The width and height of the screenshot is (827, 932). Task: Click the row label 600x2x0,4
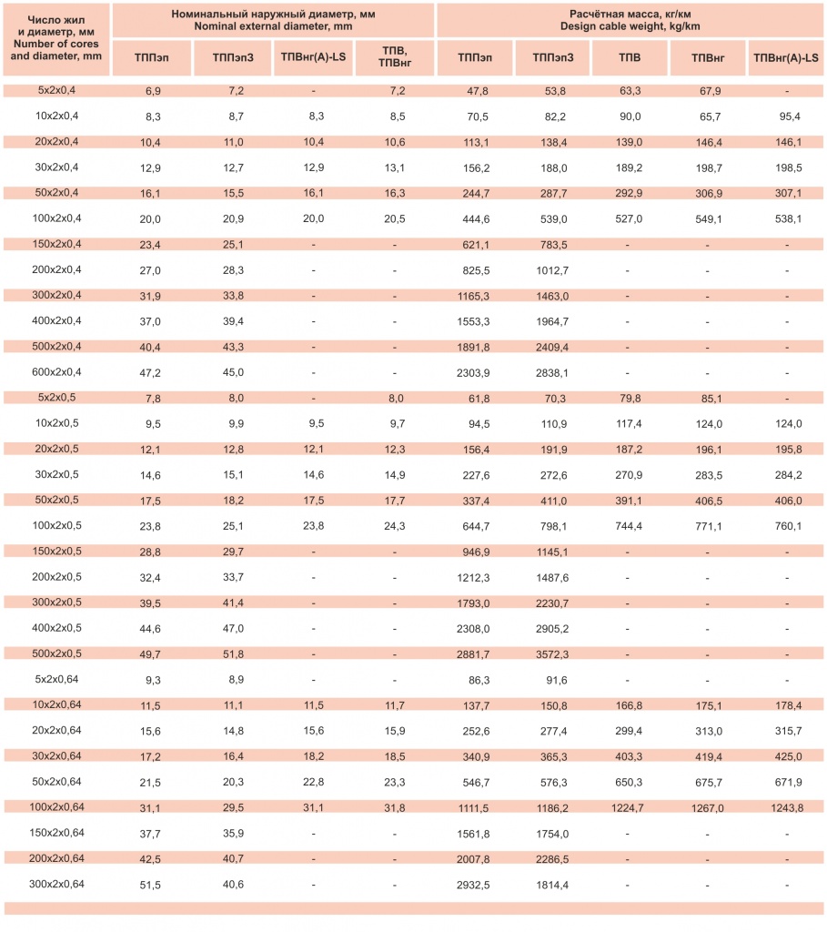[x=57, y=371]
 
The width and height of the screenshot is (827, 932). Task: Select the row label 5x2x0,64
[x=57, y=679]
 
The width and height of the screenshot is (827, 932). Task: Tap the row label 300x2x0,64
[x=57, y=884]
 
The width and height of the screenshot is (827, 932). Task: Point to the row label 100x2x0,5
[x=57, y=525]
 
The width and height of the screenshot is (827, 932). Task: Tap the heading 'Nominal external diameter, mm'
[x=272, y=26]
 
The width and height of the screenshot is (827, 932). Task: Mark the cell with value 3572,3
[x=552, y=653]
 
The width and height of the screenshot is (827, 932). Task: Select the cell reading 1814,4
[x=552, y=884]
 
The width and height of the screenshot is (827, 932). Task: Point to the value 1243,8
[x=786, y=806]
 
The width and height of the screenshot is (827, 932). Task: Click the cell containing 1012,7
[x=552, y=270]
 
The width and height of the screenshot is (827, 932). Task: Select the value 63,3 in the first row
[x=630, y=91]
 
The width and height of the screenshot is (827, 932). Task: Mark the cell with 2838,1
[x=552, y=372]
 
